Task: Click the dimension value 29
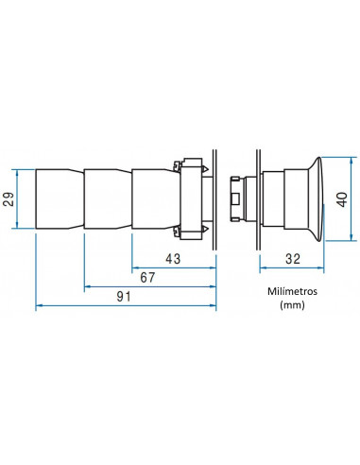point(9,199)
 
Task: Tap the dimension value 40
point(342,199)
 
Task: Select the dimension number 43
point(173,259)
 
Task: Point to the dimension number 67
point(147,278)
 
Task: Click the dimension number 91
point(124,297)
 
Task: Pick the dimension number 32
point(293,259)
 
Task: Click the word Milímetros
point(292,291)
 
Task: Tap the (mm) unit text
point(292,305)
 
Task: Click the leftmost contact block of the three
point(60,199)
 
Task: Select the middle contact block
point(108,199)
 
